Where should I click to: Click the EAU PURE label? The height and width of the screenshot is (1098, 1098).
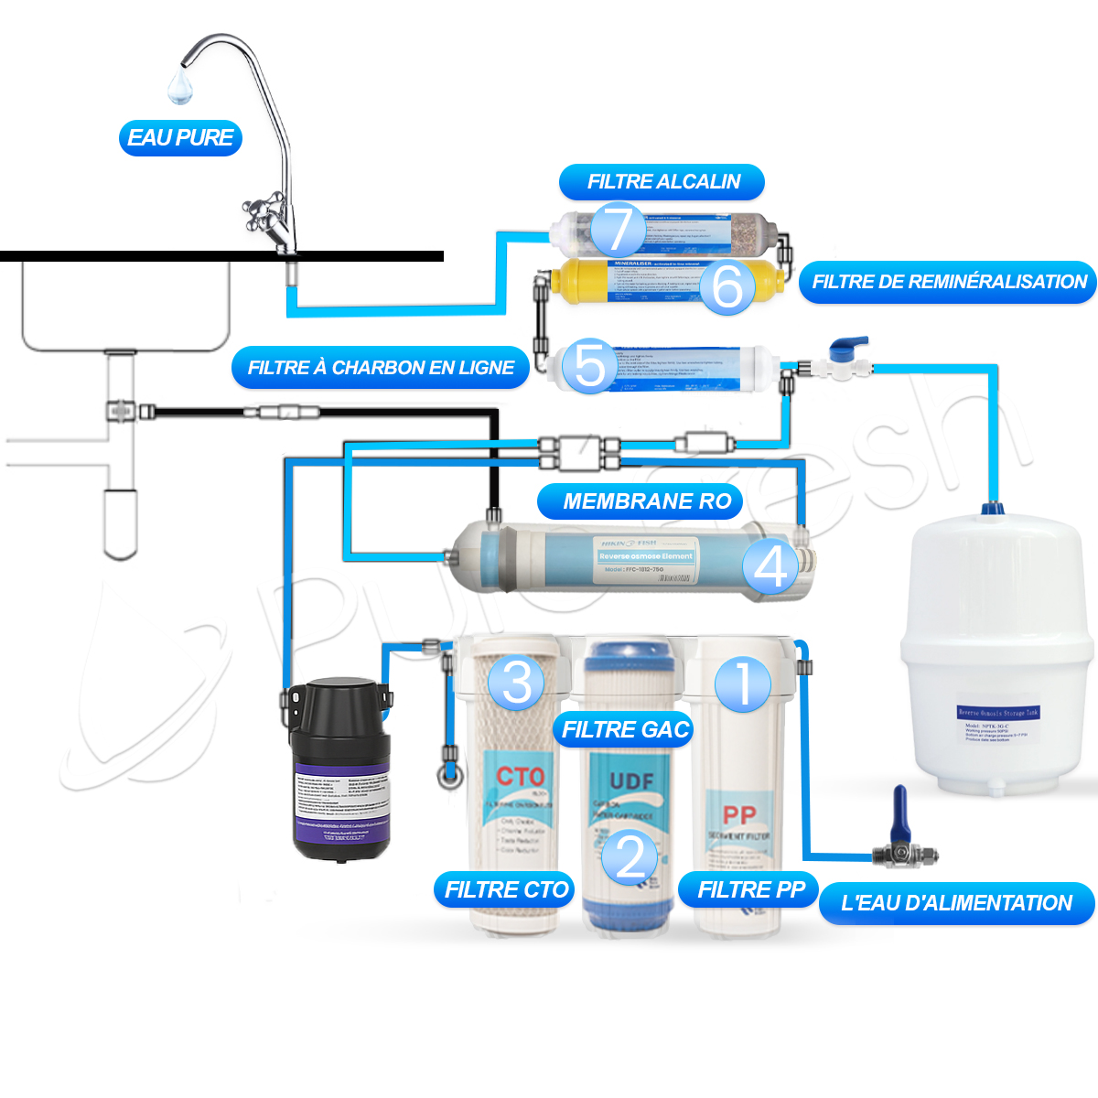click(180, 138)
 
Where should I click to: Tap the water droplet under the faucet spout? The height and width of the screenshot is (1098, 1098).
click(179, 88)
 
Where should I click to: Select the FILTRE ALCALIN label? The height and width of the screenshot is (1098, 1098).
click(662, 182)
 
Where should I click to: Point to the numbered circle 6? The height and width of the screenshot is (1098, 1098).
click(727, 286)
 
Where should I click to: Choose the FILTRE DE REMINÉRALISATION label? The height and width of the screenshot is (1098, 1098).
click(948, 282)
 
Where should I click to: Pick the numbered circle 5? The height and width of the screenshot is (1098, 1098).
click(590, 365)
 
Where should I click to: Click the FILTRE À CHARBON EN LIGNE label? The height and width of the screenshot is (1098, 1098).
click(381, 368)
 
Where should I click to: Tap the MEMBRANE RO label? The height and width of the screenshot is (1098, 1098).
click(647, 501)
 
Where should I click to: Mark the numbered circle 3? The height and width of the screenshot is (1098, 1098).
click(517, 682)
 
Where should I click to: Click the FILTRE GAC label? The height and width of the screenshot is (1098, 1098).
click(625, 729)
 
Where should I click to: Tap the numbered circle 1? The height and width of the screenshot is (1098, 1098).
click(743, 684)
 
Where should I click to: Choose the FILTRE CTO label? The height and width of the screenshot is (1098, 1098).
click(506, 889)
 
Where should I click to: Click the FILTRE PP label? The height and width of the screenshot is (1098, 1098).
click(750, 889)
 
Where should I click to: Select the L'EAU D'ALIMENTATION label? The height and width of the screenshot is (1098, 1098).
click(956, 903)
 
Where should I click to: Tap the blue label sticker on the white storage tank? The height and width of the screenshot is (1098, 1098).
click(997, 712)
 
